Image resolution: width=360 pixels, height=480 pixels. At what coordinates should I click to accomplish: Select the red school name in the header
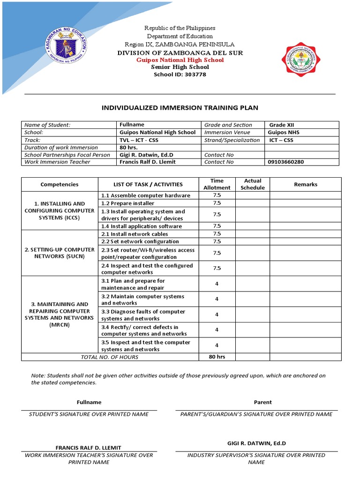180,60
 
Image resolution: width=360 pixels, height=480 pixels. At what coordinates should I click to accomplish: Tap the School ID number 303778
193,75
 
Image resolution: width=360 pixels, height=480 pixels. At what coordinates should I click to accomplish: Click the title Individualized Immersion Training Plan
180,108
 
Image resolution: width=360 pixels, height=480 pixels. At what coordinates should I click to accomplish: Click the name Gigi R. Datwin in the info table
143,155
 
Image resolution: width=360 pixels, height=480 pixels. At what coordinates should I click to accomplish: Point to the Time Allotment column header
217,184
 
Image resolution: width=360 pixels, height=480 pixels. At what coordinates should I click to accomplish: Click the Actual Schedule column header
253,184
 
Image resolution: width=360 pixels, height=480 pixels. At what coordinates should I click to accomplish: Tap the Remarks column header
306,185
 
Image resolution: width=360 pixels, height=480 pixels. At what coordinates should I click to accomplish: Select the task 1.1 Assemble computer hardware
146,195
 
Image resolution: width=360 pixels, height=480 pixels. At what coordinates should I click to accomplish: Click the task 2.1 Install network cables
135,234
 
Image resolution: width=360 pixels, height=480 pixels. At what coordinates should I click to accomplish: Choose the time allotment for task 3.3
217,315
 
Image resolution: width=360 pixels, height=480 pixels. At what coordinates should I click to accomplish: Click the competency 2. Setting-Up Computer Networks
60,253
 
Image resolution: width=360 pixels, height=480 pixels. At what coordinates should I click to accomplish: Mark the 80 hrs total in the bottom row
217,357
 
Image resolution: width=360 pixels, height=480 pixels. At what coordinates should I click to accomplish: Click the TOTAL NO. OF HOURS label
110,357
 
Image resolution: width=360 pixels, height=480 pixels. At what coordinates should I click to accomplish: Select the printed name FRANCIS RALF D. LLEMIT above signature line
89,448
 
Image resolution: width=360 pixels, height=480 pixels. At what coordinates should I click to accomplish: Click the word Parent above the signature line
263,402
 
